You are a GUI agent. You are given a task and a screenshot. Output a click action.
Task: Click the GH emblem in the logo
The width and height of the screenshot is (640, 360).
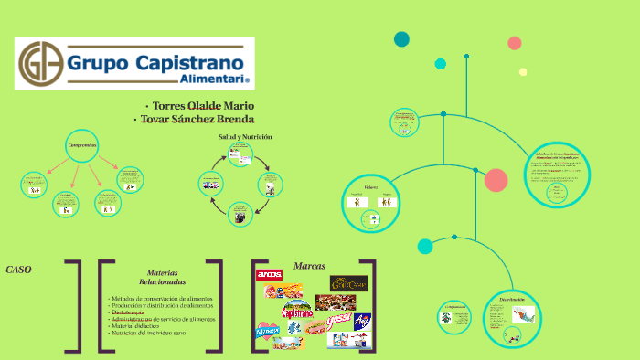[41, 63]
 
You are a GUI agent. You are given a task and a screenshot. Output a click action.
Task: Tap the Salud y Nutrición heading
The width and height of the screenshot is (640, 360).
[244, 136]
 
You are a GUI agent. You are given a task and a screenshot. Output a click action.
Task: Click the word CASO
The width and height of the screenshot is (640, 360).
[19, 270]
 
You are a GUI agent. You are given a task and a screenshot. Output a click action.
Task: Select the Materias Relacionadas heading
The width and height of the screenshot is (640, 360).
[161, 278]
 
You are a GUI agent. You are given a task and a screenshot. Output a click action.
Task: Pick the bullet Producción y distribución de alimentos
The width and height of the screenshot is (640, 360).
[163, 305]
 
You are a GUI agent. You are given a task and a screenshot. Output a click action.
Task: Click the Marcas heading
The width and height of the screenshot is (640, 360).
[310, 266]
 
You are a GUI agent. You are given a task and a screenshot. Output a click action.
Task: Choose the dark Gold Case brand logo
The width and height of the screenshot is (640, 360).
[348, 283]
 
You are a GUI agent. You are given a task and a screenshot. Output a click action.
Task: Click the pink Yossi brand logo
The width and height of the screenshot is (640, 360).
[339, 320]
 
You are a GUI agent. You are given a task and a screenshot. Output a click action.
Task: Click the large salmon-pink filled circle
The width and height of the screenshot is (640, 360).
[496, 180]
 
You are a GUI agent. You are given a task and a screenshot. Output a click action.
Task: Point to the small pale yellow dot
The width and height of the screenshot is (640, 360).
[523, 72]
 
